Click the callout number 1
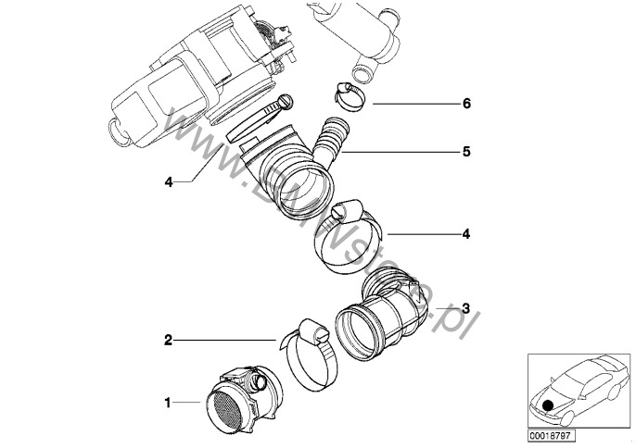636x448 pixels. click(168, 403)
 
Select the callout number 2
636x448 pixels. click(168, 340)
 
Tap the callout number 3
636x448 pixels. click(465, 308)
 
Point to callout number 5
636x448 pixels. click(466, 151)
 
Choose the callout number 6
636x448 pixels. click(466, 104)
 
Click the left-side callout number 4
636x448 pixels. click(169, 182)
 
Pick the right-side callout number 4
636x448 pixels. click(466, 234)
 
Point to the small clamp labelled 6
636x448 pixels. click(345, 94)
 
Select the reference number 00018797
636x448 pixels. click(551, 433)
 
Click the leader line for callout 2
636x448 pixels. click(223, 340)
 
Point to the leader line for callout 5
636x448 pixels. click(399, 151)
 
